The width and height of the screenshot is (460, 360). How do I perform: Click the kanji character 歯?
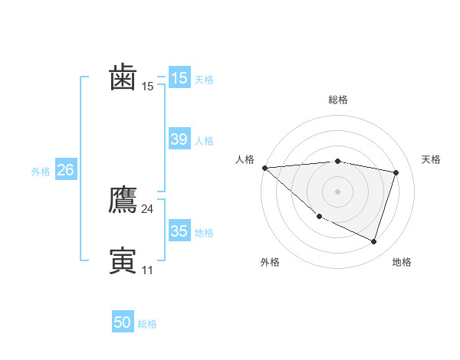click(x=123, y=77)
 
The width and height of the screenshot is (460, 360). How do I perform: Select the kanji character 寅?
click(x=123, y=260)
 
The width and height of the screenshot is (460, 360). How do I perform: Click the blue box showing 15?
click(x=179, y=78)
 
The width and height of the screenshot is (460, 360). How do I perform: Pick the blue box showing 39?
click(x=179, y=139)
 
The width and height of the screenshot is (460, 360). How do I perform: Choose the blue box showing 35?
click(x=179, y=231)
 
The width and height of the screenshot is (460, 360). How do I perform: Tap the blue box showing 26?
click(x=65, y=170)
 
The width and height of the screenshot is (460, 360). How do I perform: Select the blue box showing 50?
click(x=123, y=322)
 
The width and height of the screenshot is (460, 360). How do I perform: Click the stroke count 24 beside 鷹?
click(x=147, y=209)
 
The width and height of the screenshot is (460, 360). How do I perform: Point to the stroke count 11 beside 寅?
click(x=147, y=270)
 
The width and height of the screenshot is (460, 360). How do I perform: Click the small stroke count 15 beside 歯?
click(x=147, y=87)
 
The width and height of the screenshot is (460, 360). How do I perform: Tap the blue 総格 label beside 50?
click(x=147, y=324)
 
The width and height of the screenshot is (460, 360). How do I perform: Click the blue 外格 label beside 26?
click(x=41, y=172)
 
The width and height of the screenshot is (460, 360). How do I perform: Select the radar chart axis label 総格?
click(x=338, y=100)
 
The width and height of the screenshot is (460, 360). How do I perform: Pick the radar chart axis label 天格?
click(x=431, y=159)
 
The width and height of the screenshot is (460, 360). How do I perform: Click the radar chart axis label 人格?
click(x=245, y=159)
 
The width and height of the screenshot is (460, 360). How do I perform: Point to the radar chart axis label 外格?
click(x=270, y=263)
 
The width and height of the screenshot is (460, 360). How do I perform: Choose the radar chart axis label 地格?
click(x=402, y=263)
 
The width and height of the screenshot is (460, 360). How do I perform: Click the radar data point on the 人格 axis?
click(x=264, y=168)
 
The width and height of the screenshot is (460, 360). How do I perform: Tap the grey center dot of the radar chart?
click(x=338, y=191)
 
